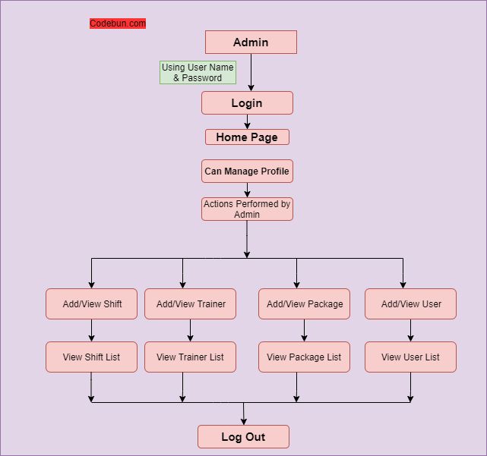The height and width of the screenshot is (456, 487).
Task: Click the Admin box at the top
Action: [251, 42]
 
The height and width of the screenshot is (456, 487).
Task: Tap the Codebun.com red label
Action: [118, 24]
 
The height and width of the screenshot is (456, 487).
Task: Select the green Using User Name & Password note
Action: [198, 73]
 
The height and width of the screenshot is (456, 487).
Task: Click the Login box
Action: [247, 103]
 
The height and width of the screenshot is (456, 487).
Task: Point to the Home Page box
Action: [247, 137]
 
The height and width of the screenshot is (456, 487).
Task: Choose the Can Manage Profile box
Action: [247, 171]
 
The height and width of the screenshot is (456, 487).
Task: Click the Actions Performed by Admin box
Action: [247, 209]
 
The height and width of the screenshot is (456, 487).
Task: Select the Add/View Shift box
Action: [92, 304]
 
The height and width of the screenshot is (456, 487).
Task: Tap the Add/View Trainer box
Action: [191, 304]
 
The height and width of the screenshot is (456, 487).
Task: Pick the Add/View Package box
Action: [305, 304]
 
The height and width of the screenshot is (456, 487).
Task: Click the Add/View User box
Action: [411, 304]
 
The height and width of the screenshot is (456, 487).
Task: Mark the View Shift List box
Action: [92, 357]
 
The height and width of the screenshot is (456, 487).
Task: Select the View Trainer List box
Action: [191, 357]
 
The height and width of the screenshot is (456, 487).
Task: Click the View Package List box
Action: [305, 357]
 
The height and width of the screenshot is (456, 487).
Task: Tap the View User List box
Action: [411, 357]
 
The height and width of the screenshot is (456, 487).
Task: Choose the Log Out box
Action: [243, 437]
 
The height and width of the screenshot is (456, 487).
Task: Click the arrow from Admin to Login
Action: [251, 73]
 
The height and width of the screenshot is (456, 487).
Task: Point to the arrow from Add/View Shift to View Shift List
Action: [92, 331]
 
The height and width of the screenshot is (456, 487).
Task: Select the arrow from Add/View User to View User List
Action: [411, 331]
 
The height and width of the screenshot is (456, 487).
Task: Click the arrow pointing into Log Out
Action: [243, 414]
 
